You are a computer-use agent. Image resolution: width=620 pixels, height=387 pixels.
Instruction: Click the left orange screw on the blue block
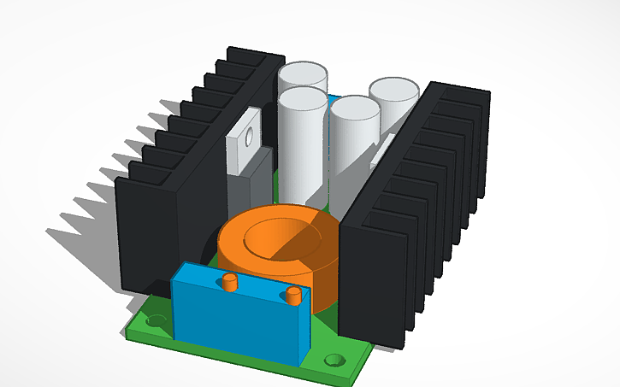pos(229,282)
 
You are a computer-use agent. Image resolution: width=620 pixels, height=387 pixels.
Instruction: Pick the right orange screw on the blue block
pos(294,296)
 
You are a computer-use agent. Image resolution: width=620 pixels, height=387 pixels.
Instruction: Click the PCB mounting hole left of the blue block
pos(154,323)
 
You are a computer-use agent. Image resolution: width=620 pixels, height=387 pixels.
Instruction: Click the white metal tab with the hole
pos(247,141)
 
